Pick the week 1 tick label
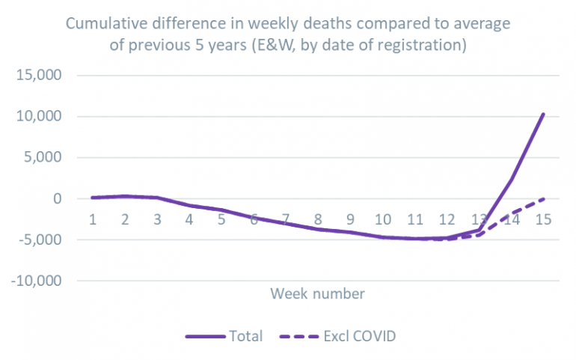(94, 219)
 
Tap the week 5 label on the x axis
(222, 219)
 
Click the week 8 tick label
(319, 219)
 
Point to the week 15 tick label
(544, 219)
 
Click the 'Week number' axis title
(318, 293)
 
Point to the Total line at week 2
(126, 196)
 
